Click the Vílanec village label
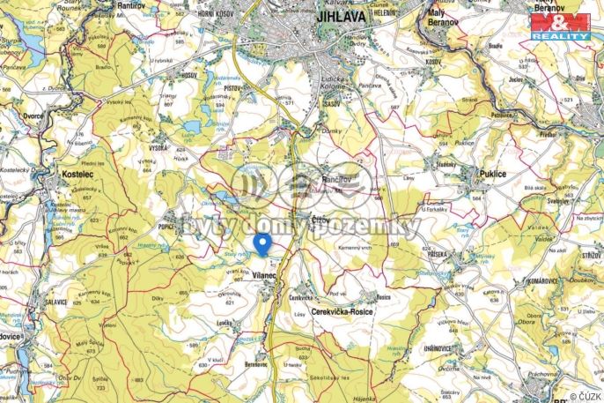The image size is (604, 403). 264,276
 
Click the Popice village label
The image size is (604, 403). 170,228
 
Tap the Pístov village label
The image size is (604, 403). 232,90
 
